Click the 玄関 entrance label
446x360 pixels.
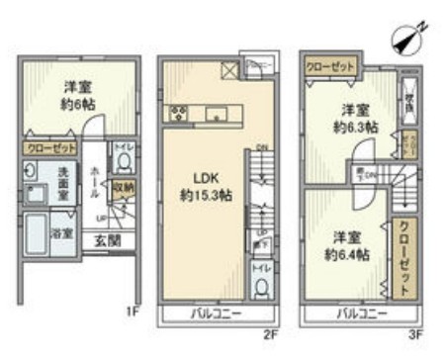click(x=106, y=240)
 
